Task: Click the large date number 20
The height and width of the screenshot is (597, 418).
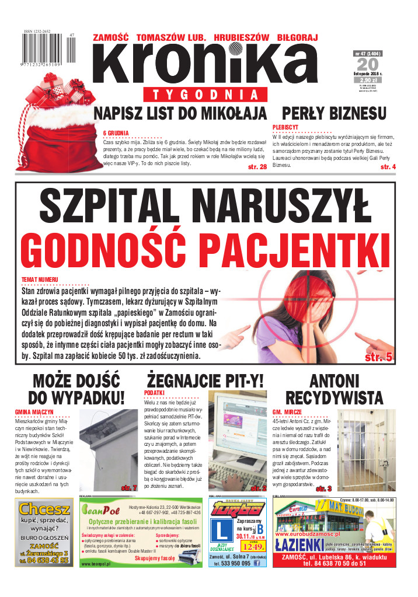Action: [x=370, y=66]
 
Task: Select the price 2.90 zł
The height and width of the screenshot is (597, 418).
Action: [x=370, y=79]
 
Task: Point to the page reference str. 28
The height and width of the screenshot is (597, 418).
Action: [x=257, y=167]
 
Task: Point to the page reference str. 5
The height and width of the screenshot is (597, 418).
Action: [x=378, y=357]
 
